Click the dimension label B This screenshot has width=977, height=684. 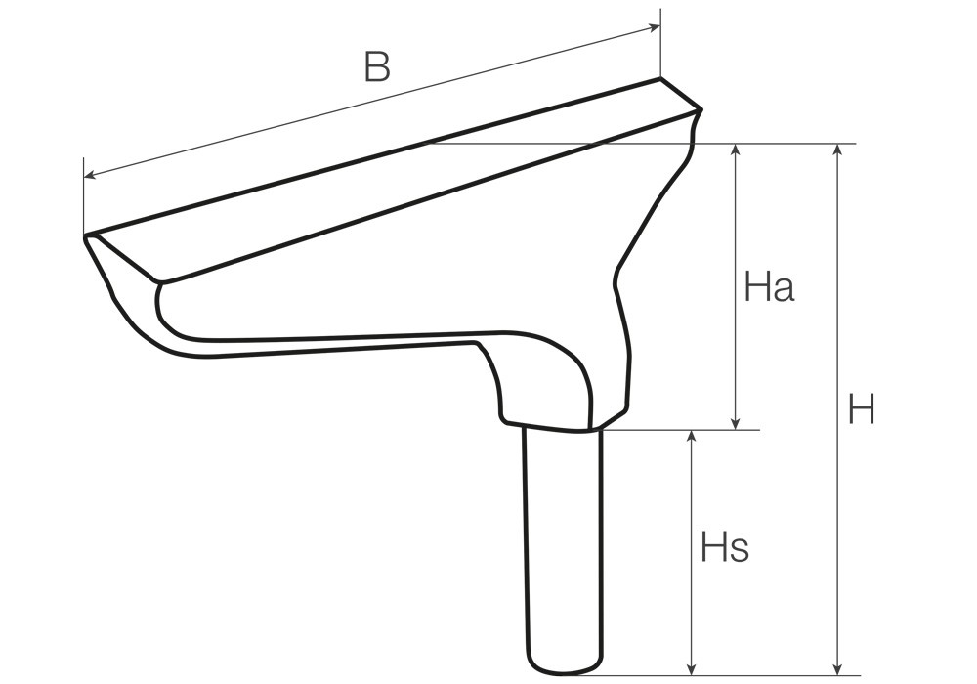[x=377, y=67]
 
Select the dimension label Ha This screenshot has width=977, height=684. [x=770, y=288]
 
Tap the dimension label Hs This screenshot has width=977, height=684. [x=725, y=547]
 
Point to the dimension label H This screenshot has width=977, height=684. [x=863, y=409]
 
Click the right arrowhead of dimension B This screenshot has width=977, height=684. [x=655, y=26]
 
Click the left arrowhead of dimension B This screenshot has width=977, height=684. [x=90, y=175]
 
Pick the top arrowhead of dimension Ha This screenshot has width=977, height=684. [x=736, y=150]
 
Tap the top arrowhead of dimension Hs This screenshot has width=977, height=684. [x=691, y=436]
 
